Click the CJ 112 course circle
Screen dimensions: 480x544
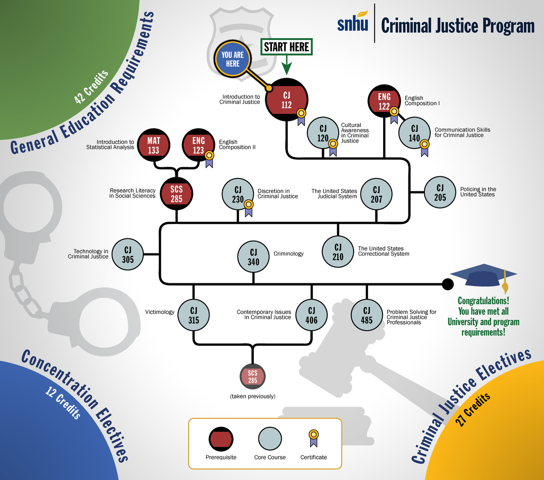(287, 100)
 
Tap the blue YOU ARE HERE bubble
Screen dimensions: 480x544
(233, 59)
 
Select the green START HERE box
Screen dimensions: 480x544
(287, 47)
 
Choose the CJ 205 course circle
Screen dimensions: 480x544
(440, 193)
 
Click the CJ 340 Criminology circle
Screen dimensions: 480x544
(253, 257)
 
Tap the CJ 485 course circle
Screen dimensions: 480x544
(366, 315)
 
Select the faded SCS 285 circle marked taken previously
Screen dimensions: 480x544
(253, 377)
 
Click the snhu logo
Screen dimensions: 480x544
(352, 24)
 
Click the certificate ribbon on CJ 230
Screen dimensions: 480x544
(248, 208)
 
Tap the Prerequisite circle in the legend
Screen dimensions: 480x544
(221, 439)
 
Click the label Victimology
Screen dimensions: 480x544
(160, 312)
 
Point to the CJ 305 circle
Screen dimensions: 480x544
(128, 254)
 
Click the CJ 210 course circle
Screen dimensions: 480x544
(338, 252)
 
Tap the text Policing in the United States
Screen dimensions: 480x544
(478, 192)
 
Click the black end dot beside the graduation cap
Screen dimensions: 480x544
(447, 284)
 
